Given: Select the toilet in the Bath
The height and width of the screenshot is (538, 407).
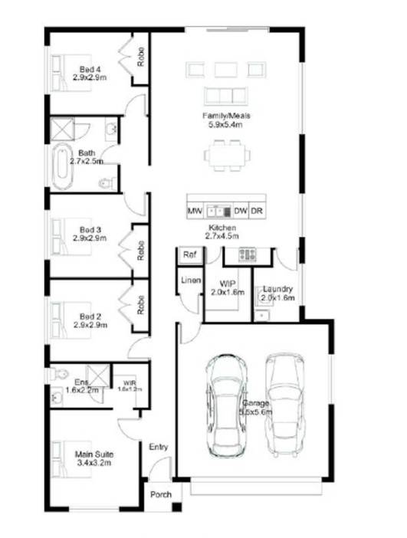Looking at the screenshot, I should coord(107,183).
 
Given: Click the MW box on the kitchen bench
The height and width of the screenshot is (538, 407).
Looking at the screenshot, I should coord(194,210).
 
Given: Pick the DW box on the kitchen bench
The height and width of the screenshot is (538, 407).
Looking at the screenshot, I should coord(240,210).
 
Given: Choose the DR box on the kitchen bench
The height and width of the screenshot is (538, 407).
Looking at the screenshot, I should coord(258,210).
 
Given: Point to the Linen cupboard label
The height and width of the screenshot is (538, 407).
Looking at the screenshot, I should coord(191,280).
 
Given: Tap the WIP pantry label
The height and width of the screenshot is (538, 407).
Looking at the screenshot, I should coord(227,283).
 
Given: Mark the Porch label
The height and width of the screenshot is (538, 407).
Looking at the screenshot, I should coord(160,495).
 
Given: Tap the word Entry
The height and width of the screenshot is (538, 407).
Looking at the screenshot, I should coord(159,448).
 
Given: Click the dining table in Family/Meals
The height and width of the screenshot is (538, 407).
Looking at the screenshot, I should coord(227,156).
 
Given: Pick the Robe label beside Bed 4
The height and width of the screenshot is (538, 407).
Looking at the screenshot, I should coord(141,56).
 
